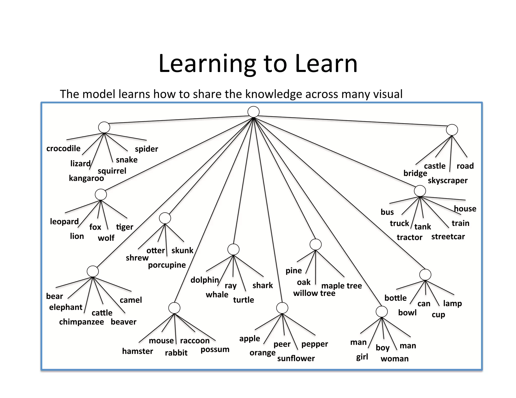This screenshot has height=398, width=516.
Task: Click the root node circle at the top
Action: (x=253, y=112)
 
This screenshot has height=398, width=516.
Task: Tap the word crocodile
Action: (x=63, y=148)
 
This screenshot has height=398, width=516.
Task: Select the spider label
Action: (x=146, y=149)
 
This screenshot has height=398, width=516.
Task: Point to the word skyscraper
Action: (x=447, y=180)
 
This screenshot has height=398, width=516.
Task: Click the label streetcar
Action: (x=448, y=237)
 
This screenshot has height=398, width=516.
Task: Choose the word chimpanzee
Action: (x=81, y=322)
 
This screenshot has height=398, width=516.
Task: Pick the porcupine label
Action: (x=167, y=265)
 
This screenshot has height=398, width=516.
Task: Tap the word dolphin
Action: (x=205, y=280)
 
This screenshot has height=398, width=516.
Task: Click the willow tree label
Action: (x=314, y=293)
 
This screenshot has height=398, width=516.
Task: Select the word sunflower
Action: (x=296, y=358)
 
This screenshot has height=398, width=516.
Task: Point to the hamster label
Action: (x=138, y=351)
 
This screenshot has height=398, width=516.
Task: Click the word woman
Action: (x=395, y=359)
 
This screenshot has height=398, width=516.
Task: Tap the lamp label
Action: (x=452, y=303)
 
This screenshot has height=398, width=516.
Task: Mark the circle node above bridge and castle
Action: (x=452, y=130)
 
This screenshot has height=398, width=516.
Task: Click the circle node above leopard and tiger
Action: (x=101, y=195)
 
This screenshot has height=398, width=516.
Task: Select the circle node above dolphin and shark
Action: (x=233, y=250)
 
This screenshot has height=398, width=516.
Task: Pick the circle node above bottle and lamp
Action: (x=425, y=275)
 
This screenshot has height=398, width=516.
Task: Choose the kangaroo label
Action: (x=86, y=178)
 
